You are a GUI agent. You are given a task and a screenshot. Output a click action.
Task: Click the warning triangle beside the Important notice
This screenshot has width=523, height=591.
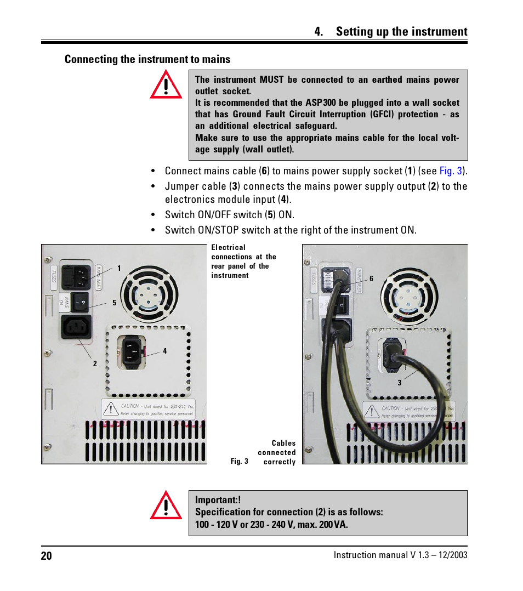166,505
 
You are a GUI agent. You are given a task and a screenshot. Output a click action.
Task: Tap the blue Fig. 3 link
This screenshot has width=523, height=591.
451,171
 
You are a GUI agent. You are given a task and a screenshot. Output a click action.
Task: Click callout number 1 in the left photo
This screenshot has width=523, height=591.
118,268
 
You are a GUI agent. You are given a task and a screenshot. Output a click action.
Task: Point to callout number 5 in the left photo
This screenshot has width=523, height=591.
115,302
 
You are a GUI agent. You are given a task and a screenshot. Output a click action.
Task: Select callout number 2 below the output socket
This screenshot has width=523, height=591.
95,363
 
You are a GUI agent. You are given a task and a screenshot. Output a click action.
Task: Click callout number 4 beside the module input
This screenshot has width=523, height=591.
164,351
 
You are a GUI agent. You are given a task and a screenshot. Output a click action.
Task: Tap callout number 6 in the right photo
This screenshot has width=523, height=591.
371,279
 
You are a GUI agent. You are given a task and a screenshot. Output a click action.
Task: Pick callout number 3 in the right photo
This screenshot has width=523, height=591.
400,383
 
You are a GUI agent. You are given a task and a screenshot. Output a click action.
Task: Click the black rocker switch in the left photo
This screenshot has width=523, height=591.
82,301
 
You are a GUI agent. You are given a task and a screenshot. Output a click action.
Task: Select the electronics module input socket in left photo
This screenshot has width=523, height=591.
132,351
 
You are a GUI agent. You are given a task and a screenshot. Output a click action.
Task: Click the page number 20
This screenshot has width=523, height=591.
47,555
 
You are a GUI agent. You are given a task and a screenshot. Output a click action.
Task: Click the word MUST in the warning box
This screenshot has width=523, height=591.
271,79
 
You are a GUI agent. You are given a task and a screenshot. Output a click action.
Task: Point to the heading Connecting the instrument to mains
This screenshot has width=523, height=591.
147,59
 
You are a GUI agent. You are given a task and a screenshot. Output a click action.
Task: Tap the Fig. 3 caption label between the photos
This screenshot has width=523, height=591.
240,462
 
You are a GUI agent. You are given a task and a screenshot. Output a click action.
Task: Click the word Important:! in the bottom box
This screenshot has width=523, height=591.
218,500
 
